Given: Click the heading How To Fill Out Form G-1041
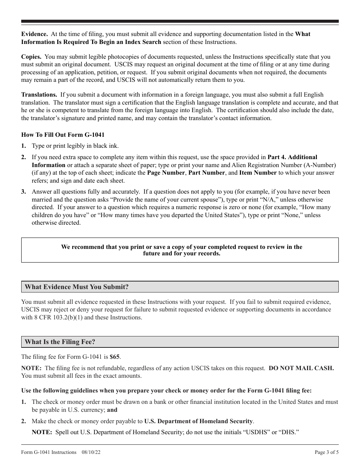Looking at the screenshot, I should pyautogui.click(x=63, y=134).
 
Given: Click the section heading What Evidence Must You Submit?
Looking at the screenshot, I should pyautogui.click(x=77, y=287).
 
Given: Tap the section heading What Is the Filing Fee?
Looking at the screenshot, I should pyautogui.click(x=60, y=342).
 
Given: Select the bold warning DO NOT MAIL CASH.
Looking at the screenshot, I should pyautogui.click(x=301, y=368).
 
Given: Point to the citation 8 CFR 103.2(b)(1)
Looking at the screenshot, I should pyautogui.click(x=59, y=317).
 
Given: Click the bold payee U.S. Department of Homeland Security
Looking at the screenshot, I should pyautogui.click(x=198, y=421).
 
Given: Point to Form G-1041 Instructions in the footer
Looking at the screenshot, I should pyautogui.click(x=49, y=452).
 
